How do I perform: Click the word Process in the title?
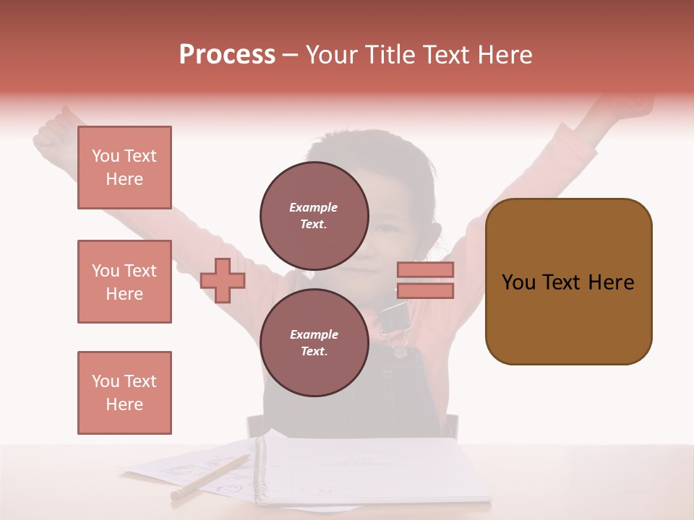coord(227,55)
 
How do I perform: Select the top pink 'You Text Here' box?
coord(124,168)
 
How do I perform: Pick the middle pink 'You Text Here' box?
coord(124,282)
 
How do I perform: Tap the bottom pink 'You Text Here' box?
coord(124,393)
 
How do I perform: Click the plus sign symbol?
coord(223,280)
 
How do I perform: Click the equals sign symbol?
coord(425,280)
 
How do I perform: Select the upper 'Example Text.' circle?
coord(314,215)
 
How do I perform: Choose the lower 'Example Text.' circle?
coord(314,342)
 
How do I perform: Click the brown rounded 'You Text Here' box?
coord(568,282)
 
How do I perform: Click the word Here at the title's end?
coord(505,55)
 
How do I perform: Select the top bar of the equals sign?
coord(425,270)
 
